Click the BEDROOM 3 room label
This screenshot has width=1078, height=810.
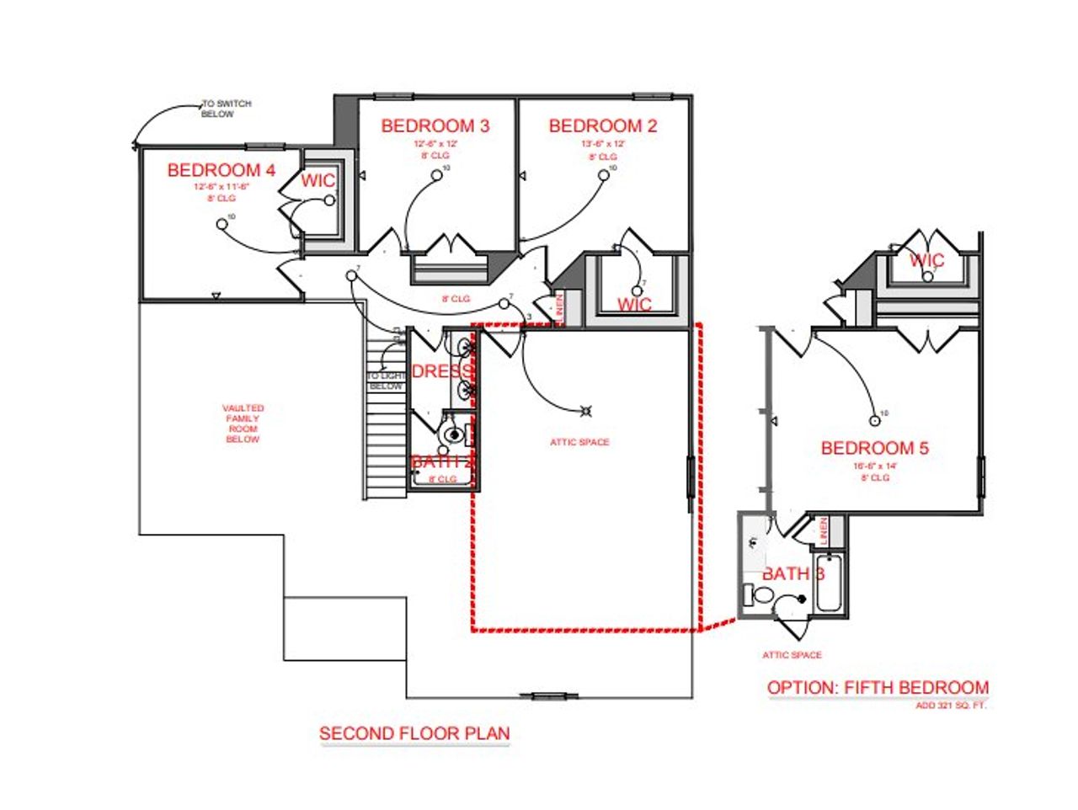click(x=435, y=126)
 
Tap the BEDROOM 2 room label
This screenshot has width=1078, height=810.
click(x=602, y=126)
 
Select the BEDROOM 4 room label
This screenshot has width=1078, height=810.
click(x=221, y=170)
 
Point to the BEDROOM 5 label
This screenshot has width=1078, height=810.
click(x=874, y=448)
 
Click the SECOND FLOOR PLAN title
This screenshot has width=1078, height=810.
click(x=414, y=733)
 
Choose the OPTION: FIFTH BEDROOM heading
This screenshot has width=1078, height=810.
click(x=878, y=688)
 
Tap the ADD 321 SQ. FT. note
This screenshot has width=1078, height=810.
click(x=950, y=706)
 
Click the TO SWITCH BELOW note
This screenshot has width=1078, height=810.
click(x=226, y=109)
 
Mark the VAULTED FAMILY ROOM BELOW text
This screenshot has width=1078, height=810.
click(x=243, y=424)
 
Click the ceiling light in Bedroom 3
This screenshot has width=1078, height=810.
click(x=437, y=175)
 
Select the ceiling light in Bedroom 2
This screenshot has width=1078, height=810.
click(x=604, y=175)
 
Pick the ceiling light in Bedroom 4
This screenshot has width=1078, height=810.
click(x=221, y=223)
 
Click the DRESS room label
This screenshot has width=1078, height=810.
click(x=441, y=371)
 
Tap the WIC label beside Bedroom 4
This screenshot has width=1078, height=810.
click(x=318, y=181)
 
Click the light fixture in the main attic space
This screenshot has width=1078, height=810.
click(x=585, y=411)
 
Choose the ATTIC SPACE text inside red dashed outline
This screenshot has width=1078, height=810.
click(x=579, y=442)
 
